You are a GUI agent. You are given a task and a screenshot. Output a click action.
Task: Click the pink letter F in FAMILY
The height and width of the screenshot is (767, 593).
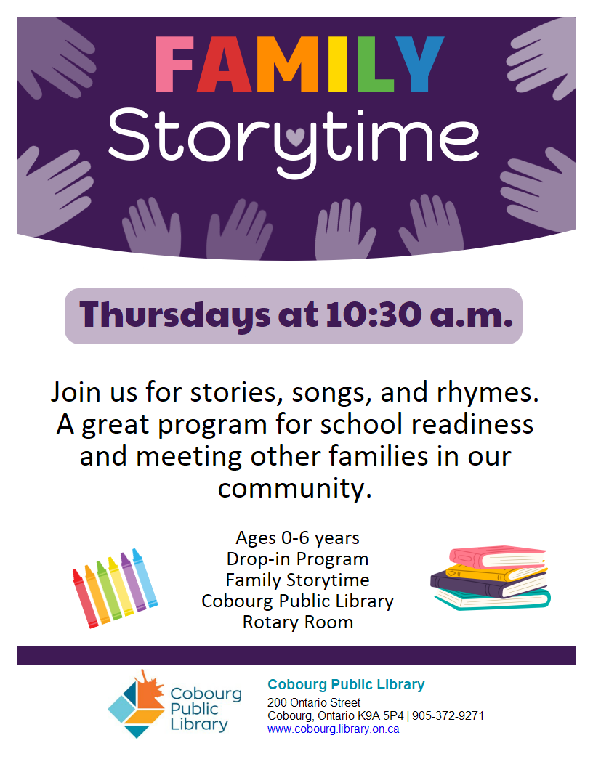[x=174, y=64]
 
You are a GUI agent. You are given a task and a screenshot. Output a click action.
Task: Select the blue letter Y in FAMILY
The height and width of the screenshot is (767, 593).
[x=419, y=64]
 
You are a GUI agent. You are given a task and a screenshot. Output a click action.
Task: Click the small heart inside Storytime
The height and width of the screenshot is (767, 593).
[x=295, y=137]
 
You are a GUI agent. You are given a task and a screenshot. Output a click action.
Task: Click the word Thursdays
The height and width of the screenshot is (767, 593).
[x=174, y=316]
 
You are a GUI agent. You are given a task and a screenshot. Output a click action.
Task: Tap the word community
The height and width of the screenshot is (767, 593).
[x=295, y=488]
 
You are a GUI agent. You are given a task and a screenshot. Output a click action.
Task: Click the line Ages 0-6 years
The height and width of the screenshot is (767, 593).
[x=297, y=538]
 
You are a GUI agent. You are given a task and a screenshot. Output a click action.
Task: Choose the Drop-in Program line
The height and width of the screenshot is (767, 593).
[x=297, y=559]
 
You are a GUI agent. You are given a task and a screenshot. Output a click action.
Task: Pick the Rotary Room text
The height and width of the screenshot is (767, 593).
[x=298, y=622]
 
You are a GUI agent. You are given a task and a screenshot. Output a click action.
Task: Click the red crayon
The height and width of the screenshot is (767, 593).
[x=85, y=598]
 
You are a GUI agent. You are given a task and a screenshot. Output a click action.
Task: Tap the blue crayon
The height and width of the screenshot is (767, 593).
[x=145, y=577]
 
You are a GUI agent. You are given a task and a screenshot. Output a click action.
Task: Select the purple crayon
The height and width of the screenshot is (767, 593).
[x=133, y=582]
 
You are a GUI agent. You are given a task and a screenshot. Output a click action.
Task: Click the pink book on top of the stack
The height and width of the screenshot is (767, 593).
[x=497, y=557]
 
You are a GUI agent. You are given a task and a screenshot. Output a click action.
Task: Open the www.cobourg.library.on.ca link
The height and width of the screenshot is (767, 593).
[x=333, y=729]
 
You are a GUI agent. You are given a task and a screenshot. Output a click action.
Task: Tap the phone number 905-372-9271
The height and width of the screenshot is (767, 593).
[x=448, y=715]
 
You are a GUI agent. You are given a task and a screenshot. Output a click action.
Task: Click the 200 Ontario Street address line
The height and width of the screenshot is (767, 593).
[x=314, y=702]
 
